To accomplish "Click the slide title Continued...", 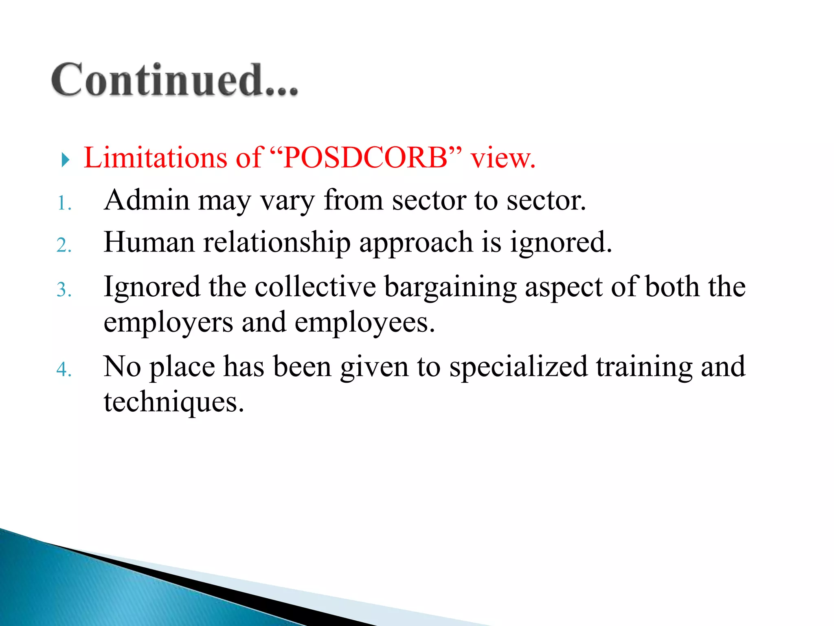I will (x=175, y=80).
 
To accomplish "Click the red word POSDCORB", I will (x=365, y=158).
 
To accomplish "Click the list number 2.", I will (x=64, y=246).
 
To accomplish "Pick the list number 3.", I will (x=64, y=290).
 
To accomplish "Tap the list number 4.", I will (x=64, y=369).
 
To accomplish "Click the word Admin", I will (x=147, y=200).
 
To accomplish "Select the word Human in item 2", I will (x=149, y=242).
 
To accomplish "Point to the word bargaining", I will (x=450, y=288).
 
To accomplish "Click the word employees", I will (x=364, y=323).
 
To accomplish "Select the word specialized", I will (x=518, y=367).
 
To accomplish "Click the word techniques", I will (x=174, y=403).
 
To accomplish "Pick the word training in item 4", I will (x=644, y=367).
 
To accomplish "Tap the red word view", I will (x=503, y=158).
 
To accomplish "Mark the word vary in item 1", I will (x=287, y=201).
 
